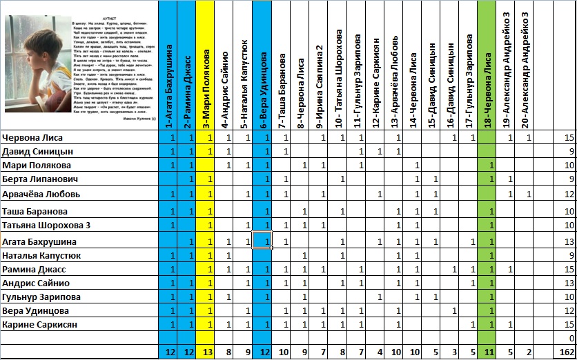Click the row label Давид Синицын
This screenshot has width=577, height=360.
click(x=38, y=151)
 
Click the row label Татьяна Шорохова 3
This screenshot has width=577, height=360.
click(x=47, y=226)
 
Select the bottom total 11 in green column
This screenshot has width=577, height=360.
click(x=489, y=352)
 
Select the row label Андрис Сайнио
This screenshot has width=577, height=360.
click(x=36, y=283)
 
